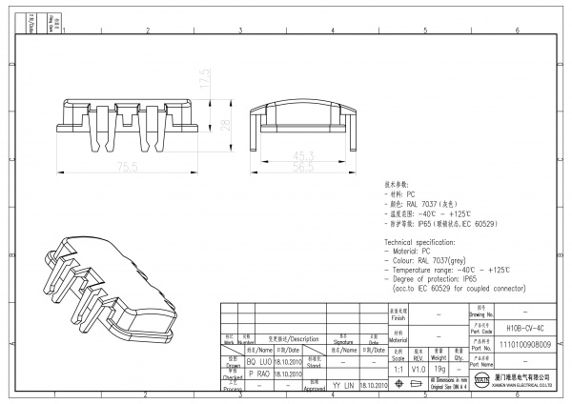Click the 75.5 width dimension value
pyautogui.click(x=126, y=166)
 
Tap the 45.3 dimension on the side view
pyautogui.click(x=303, y=155)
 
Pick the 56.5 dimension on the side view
pyautogui.click(x=303, y=166)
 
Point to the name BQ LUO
pyautogui.click(x=259, y=362)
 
